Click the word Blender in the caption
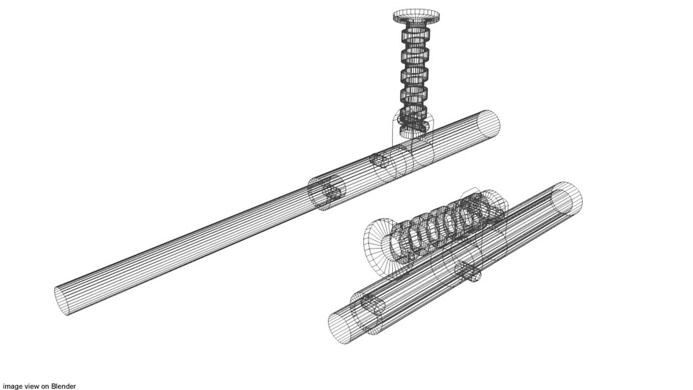tap(63, 386)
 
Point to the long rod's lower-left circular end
tap(62, 301)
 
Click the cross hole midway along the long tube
tap(379, 159)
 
